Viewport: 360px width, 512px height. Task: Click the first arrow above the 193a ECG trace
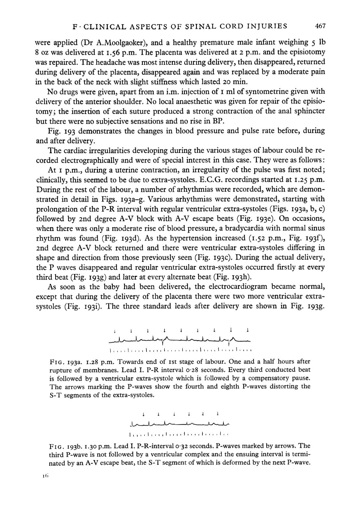pos(115,331)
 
